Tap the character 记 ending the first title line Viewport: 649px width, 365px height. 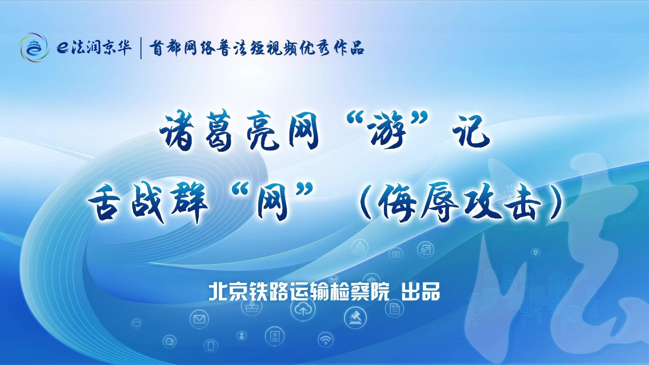tap(470, 132)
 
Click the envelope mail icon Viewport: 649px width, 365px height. tap(199, 319)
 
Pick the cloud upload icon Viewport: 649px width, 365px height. tap(303, 309)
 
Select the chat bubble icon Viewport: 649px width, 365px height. tap(169, 342)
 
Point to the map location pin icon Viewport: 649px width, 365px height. tap(536, 252)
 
